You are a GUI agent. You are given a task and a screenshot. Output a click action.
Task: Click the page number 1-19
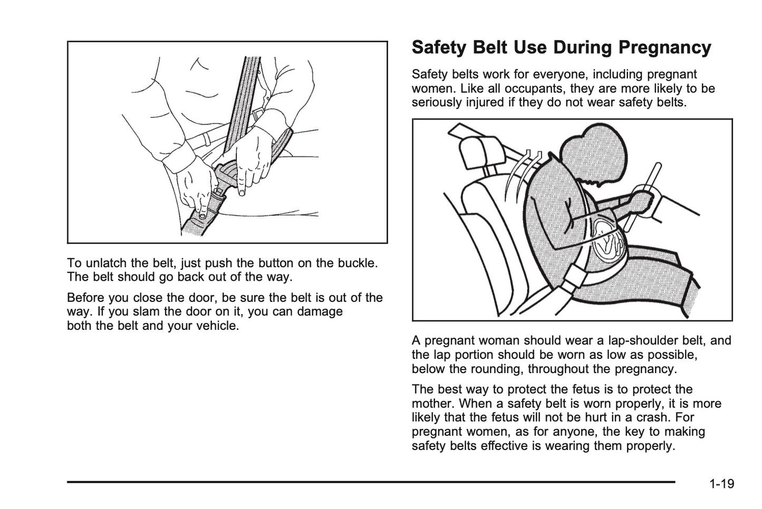(x=721, y=484)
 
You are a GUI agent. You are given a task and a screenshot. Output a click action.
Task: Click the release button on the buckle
(x=202, y=216)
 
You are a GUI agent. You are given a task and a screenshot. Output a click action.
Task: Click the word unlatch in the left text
(x=104, y=263)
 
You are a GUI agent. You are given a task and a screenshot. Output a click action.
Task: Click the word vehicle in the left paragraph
(x=219, y=326)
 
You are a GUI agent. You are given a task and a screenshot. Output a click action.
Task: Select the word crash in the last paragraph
(x=665, y=418)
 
